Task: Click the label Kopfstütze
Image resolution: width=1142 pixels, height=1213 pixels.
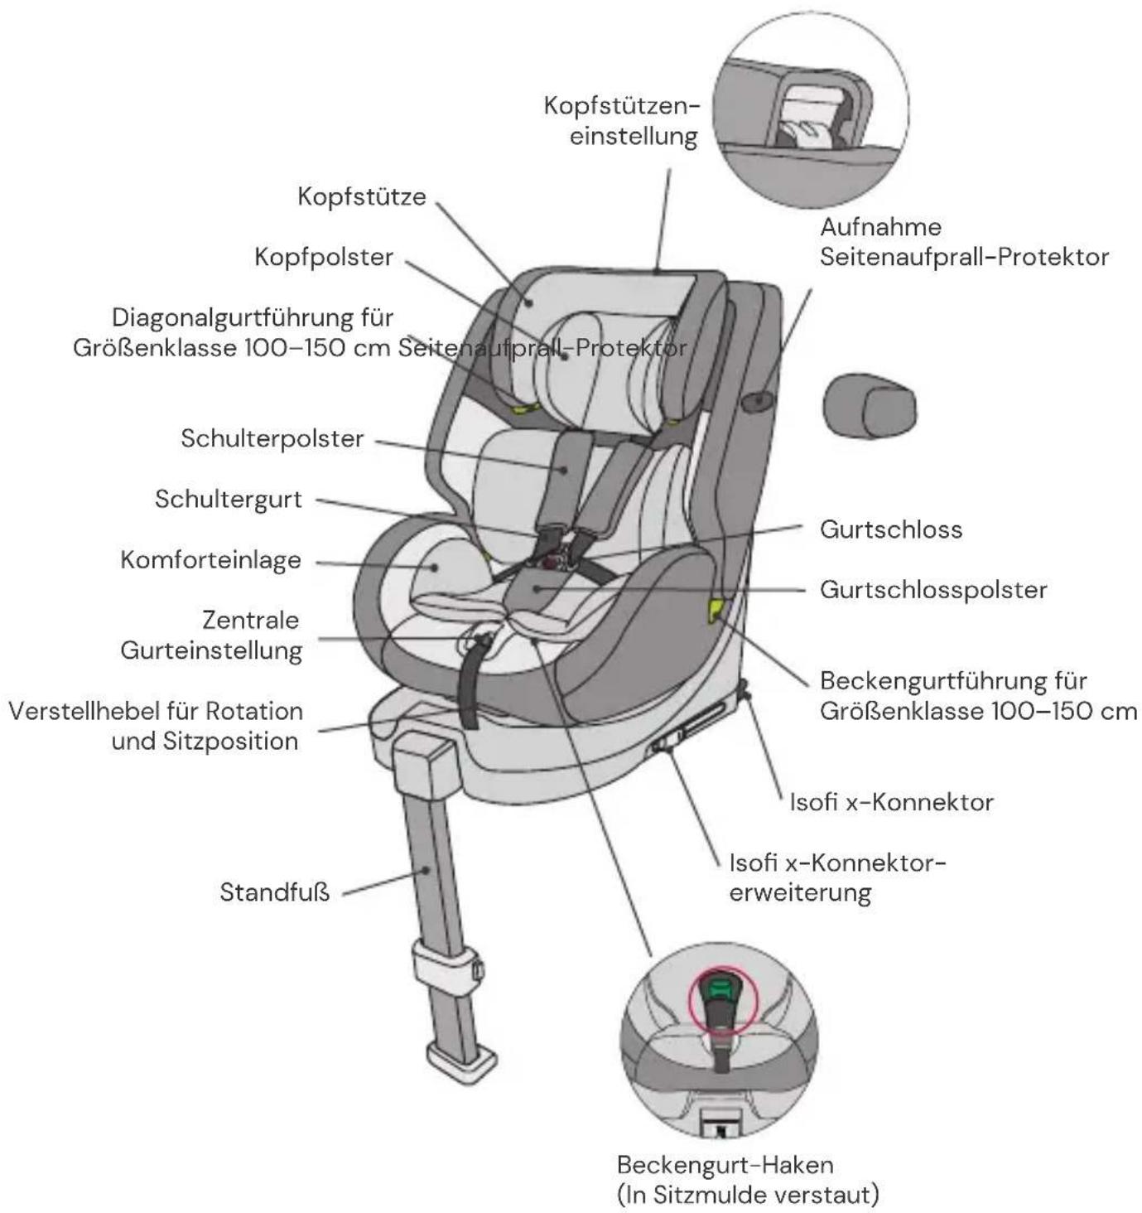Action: point(362,196)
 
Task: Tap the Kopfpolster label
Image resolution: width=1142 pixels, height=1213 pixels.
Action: point(324,257)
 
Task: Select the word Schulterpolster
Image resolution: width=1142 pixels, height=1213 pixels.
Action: point(272,438)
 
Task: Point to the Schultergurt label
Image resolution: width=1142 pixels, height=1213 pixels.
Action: point(229,499)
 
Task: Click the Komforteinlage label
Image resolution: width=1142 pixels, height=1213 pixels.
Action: point(210,559)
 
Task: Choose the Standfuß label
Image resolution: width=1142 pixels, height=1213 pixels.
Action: point(275,892)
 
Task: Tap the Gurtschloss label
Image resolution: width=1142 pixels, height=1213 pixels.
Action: point(891,529)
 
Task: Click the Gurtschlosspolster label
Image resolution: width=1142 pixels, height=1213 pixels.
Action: point(933,590)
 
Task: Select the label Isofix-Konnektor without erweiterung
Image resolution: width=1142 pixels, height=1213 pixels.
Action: point(892,802)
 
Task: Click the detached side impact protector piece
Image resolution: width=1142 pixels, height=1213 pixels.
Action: point(870,405)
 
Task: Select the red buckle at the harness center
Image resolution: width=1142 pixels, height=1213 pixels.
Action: point(555,560)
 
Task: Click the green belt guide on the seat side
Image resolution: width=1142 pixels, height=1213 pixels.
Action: point(716,610)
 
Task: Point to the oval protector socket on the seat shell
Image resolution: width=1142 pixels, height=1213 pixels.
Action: point(758,401)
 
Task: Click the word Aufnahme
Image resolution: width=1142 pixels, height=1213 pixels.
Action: point(880,227)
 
